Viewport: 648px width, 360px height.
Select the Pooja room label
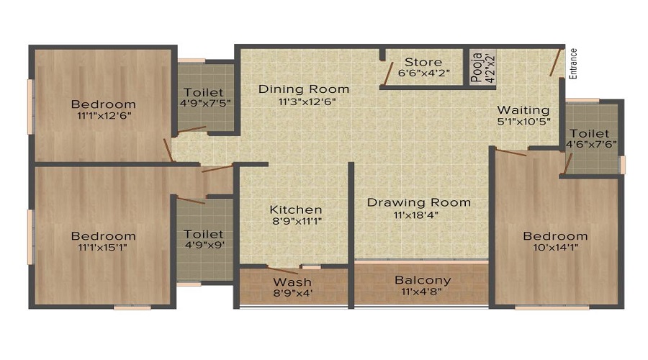476,68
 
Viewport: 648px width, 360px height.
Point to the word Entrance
574,63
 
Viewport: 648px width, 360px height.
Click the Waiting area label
523,110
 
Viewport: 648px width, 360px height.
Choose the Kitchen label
296,210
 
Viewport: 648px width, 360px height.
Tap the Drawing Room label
419,202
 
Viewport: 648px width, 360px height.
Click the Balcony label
423,280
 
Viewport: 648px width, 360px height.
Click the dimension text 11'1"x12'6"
104,115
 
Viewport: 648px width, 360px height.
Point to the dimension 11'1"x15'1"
103,248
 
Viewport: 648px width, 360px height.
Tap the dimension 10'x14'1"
555,248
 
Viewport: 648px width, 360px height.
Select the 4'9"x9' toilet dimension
203,246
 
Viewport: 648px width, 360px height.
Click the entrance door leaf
555,63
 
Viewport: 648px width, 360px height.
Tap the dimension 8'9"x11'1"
296,221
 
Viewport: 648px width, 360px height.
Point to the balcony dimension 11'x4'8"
423,292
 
